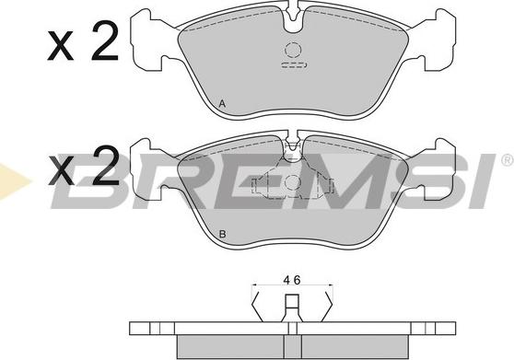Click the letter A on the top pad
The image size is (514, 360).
pos(222,104)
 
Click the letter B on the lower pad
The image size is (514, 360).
pos(223,234)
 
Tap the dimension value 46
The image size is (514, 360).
pos(292,281)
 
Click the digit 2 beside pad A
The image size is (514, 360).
pos(104,41)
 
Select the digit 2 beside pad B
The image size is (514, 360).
pos(104,166)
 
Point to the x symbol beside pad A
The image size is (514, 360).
pos(60,46)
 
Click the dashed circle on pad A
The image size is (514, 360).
pos(293,51)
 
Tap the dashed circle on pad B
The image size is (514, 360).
pos(293,182)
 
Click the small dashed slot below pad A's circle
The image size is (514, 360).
pos(294,64)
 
